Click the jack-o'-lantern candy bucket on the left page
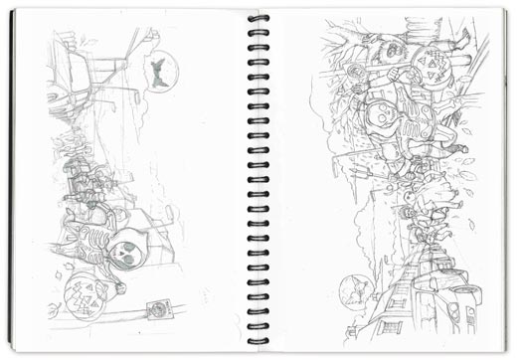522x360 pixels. [x=86, y=296]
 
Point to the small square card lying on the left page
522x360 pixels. [x=156, y=309]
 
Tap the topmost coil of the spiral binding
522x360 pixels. [x=258, y=18]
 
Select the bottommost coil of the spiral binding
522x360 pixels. [x=258, y=337]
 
